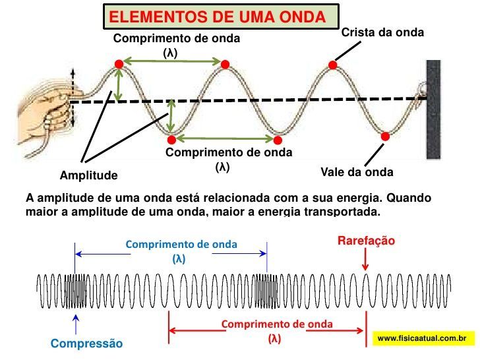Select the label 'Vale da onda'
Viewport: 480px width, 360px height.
click(357, 173)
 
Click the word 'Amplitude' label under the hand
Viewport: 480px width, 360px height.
click(88, 176)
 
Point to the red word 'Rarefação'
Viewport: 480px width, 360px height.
click(366, 241)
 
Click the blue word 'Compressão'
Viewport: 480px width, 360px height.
click(86, 344)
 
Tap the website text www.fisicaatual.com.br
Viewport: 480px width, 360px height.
click(422, 338)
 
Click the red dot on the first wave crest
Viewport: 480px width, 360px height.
click(119, 64)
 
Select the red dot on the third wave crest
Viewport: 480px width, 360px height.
click(333, 65)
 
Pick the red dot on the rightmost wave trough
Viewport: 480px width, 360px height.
click(386, 136)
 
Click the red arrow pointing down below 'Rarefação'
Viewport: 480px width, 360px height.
click(365, 261)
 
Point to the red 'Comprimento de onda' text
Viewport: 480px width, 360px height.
click(277, 324)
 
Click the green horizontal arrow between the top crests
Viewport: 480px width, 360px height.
click(171, 62)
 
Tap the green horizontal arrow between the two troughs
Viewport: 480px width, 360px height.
click(225, 138)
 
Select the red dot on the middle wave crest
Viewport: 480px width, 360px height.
click(225, 65)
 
